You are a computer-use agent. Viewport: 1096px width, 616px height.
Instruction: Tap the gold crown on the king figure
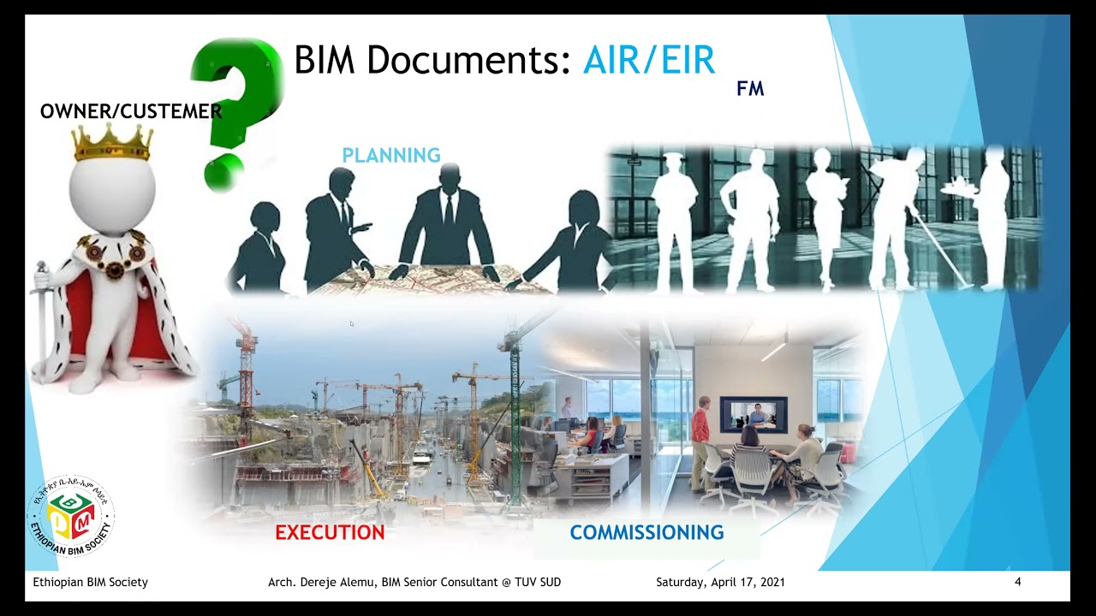(112, 143)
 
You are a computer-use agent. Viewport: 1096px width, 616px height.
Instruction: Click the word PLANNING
(391, 156)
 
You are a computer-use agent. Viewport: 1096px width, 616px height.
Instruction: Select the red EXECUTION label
(330, 533)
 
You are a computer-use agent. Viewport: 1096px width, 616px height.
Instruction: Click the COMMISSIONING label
(646, 533)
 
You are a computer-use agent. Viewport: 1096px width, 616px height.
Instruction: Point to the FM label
(750, 89)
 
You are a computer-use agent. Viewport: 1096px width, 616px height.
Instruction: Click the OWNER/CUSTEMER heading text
(130, 111)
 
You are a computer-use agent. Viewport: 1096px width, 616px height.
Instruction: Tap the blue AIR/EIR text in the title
(648, 61)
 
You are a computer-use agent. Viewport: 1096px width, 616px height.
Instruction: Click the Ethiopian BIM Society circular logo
(70, 516)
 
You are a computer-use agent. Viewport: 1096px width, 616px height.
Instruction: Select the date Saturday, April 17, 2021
(720, 583)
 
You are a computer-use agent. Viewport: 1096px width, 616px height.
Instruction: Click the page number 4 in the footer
(1017, 583)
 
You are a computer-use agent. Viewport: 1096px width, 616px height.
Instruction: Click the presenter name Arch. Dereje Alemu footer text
(414, 583)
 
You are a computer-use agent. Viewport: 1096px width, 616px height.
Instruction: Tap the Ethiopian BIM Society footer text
(90, 583)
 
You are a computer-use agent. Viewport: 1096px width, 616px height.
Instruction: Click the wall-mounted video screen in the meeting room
(753, 414)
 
